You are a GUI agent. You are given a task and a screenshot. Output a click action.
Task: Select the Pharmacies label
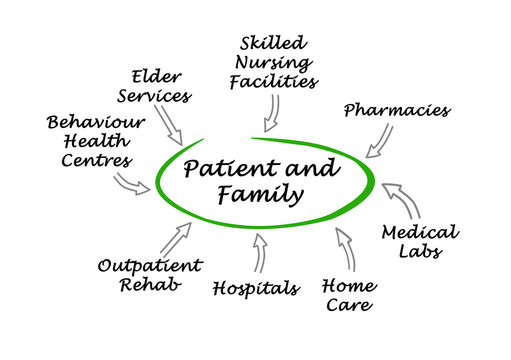point(397,110)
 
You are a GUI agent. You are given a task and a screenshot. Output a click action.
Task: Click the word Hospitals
point(256,289)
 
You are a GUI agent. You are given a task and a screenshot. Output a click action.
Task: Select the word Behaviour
point(96,122)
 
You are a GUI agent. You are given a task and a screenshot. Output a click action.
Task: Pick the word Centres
point(96,160)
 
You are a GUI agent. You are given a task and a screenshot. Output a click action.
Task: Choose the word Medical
point(420,233)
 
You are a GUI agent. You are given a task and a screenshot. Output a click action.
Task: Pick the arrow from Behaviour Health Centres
point(131,184)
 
